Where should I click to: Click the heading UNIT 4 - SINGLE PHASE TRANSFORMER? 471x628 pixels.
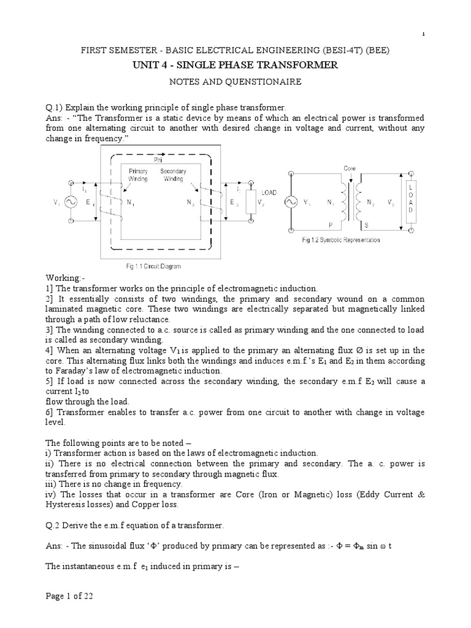(235, 65)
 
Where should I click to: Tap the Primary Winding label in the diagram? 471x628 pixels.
(138, 175)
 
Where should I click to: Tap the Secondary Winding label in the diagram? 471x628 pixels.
(172, 175)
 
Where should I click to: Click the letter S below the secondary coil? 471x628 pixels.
(367, 225)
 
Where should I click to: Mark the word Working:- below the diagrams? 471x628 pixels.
(72, 278)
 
